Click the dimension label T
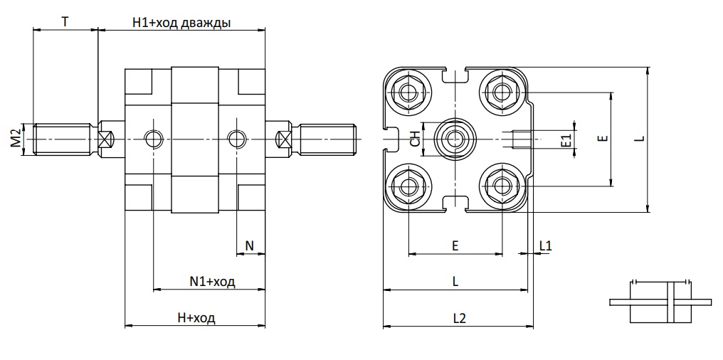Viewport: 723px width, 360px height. point(66,21)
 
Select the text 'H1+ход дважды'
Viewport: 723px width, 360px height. point(181,23)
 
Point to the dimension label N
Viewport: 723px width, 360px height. point(250,245)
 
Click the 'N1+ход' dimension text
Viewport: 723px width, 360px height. point(212,282)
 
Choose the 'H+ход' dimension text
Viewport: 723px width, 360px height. point(196,317)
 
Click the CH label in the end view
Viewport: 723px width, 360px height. point(416,138)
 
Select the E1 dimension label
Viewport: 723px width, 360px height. point(566,140)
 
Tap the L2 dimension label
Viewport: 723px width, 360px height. point(459,318)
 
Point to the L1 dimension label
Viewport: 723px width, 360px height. point(545,245)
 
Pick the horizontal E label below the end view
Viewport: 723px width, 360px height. point(455,245)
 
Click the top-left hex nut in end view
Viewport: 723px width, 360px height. point(407,92)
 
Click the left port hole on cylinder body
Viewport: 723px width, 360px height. point(153,138)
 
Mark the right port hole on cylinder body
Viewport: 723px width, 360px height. point(236,138)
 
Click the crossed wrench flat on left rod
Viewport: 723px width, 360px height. point(105,138)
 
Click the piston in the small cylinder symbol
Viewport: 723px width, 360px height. point(671,302)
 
